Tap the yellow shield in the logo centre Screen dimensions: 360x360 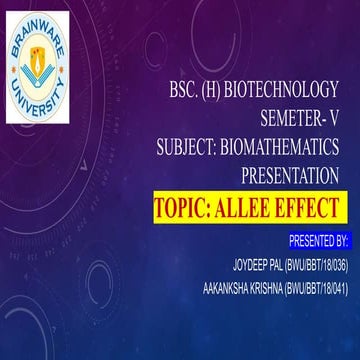pos(58,61)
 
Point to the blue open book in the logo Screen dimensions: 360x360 pos(58,79)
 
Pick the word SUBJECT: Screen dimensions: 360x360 pos(194,150)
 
